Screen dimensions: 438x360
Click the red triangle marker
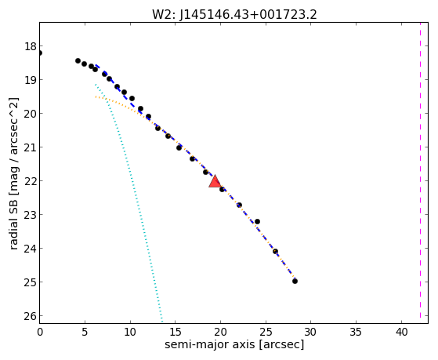point(215,181)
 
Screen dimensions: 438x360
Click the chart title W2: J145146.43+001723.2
point(234,15)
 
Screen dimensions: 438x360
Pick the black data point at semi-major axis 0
point(40,53)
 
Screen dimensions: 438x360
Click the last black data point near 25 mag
point(295,281)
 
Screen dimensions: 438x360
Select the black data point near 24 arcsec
point(257,221)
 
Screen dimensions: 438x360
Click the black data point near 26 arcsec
point(275,251)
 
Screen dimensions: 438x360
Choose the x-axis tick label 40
point(401,332)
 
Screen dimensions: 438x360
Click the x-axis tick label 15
point(176,332)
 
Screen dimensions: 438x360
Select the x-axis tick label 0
point(40,332)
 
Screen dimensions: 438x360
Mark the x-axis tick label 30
point(311,332)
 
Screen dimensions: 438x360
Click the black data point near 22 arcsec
point(239,205)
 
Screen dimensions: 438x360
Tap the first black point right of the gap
point(78,60)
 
